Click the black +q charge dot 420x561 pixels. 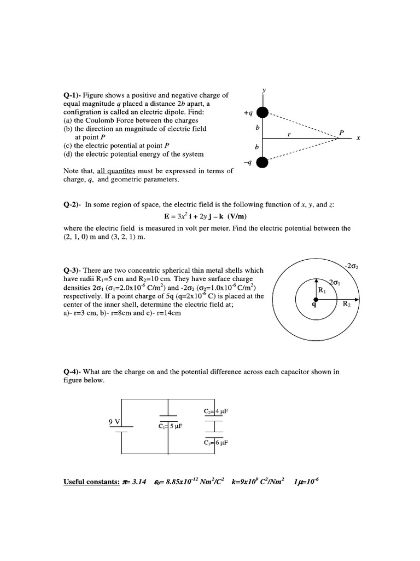point(263,113)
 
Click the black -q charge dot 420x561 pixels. point(263,162)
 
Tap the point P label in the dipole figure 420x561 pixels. point(341,133)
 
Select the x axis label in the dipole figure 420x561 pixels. point(358,138)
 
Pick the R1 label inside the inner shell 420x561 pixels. point(322,290)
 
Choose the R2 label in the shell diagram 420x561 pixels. point(346,305)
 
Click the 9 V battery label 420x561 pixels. point(115,421)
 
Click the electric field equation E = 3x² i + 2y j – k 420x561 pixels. point(211,216)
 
